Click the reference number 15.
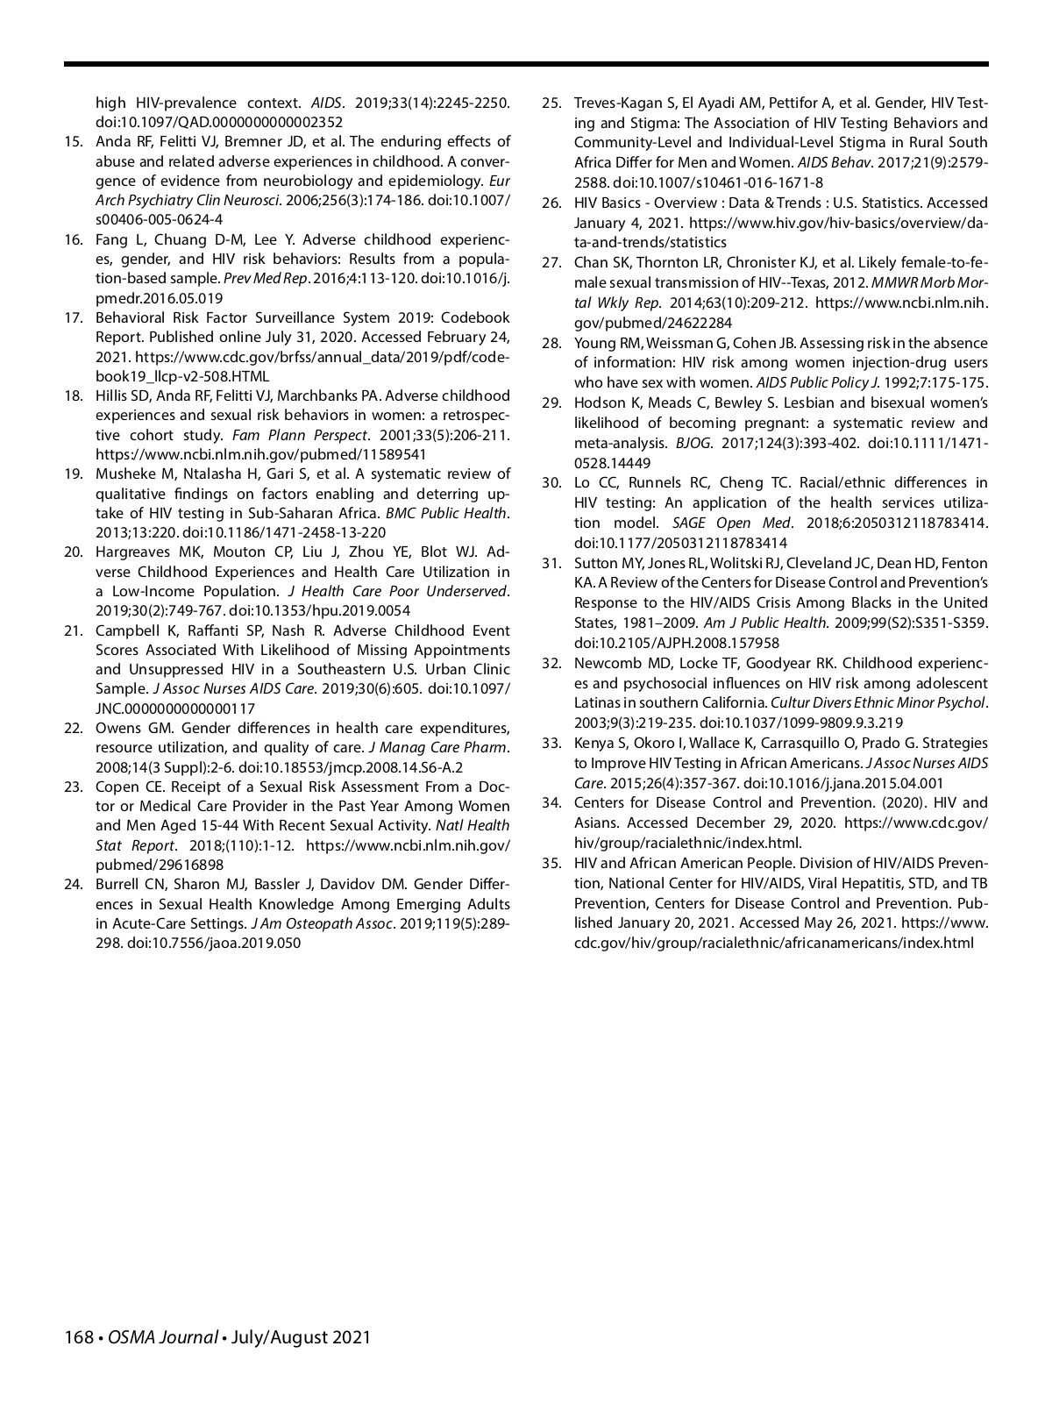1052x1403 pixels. (74, 142)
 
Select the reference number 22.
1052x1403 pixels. (74, 729)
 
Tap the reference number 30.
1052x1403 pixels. (551, 483)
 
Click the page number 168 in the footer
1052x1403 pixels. (79, 1337)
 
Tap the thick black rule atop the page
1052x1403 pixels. (526, 64)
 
